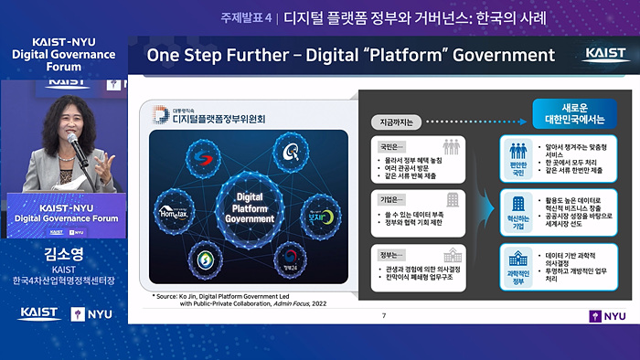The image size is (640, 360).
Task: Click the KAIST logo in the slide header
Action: [x=606, y=55]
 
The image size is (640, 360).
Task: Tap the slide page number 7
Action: [x=383, y=315]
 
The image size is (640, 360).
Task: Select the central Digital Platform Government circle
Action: [x=243, y=206]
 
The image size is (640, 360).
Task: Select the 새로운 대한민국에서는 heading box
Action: [x=570, y=114]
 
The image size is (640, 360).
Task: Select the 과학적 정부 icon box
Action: [x=517, y=263]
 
